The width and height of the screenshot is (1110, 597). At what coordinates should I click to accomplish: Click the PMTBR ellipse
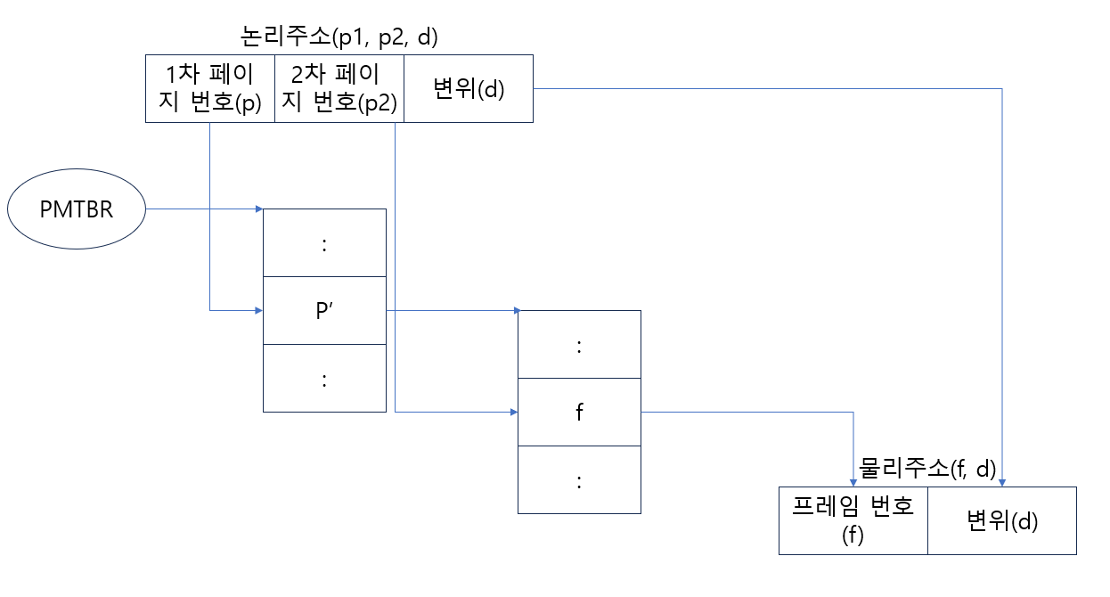[76, 209]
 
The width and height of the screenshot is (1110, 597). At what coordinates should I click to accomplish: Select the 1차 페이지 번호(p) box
[210, 89]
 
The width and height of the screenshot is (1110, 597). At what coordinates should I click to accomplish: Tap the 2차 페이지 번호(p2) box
[339, 89]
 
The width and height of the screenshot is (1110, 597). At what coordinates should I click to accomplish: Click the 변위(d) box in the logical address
[469, 89]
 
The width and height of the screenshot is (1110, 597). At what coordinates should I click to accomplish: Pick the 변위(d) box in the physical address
[1002, 520]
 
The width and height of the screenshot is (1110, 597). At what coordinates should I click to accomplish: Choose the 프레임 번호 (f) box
[853, 520]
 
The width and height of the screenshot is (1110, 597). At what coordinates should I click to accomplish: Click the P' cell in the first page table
[324, 310]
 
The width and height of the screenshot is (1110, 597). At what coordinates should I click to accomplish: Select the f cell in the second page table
[579, 413]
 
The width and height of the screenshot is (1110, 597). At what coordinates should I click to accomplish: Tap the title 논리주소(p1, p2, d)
[339, 37]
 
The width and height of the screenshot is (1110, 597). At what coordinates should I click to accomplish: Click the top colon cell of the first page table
[324, 243]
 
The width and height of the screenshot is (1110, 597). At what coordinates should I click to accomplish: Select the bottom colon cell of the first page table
[324, 378]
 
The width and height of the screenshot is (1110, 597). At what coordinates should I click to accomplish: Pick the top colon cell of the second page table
[579, 345]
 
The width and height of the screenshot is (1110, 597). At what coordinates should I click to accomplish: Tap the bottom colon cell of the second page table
[579, 479]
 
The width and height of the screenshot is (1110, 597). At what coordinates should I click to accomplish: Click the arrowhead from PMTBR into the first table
[258, 209]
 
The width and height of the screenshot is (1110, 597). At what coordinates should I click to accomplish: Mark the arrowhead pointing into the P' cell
[258, 310]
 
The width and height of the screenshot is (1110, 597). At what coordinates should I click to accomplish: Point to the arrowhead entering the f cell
[513, 413]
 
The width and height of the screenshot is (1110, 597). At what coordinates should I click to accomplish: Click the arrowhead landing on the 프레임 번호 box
[853, 482]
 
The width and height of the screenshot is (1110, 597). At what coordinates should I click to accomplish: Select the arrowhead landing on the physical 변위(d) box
[1002, 482]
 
